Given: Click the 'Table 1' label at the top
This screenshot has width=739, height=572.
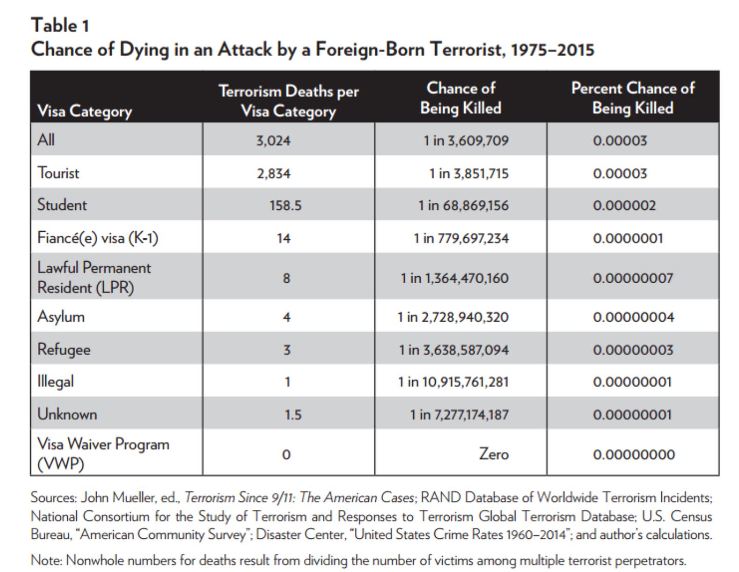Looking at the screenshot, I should pos(59,25).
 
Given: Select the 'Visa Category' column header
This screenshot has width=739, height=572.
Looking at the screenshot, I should pos(84,111).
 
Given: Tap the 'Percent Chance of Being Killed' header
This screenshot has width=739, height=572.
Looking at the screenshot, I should pos(632,98).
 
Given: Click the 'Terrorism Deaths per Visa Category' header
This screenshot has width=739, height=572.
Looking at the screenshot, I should pos(288,101).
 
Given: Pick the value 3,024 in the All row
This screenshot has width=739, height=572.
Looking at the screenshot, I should pos(273,141).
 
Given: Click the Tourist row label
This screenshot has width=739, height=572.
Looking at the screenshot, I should pos(58,173).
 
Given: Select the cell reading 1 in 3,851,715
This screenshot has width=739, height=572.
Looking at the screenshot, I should pos(468,174).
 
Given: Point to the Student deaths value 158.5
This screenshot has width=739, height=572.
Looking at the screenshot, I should pos(285,206).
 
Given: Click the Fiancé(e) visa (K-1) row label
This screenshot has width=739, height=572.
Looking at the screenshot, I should pos(98,238).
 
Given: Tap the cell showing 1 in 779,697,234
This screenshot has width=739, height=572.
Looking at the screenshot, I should pos(461,238).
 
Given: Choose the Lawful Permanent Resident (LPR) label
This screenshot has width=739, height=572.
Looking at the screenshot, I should pos(94,278).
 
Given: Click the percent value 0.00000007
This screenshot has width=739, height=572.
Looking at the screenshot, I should pos(633,279).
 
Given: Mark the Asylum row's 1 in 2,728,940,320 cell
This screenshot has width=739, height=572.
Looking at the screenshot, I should pos(453,317).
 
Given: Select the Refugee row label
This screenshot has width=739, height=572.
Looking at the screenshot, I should pos(64,349).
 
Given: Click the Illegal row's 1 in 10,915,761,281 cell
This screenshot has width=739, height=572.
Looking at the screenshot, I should pos(453,382).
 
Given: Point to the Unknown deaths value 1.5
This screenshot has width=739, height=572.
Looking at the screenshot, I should pos(293,415).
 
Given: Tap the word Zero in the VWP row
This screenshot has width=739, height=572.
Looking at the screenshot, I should pos(494,454).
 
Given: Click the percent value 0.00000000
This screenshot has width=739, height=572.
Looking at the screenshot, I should pos(633,455).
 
